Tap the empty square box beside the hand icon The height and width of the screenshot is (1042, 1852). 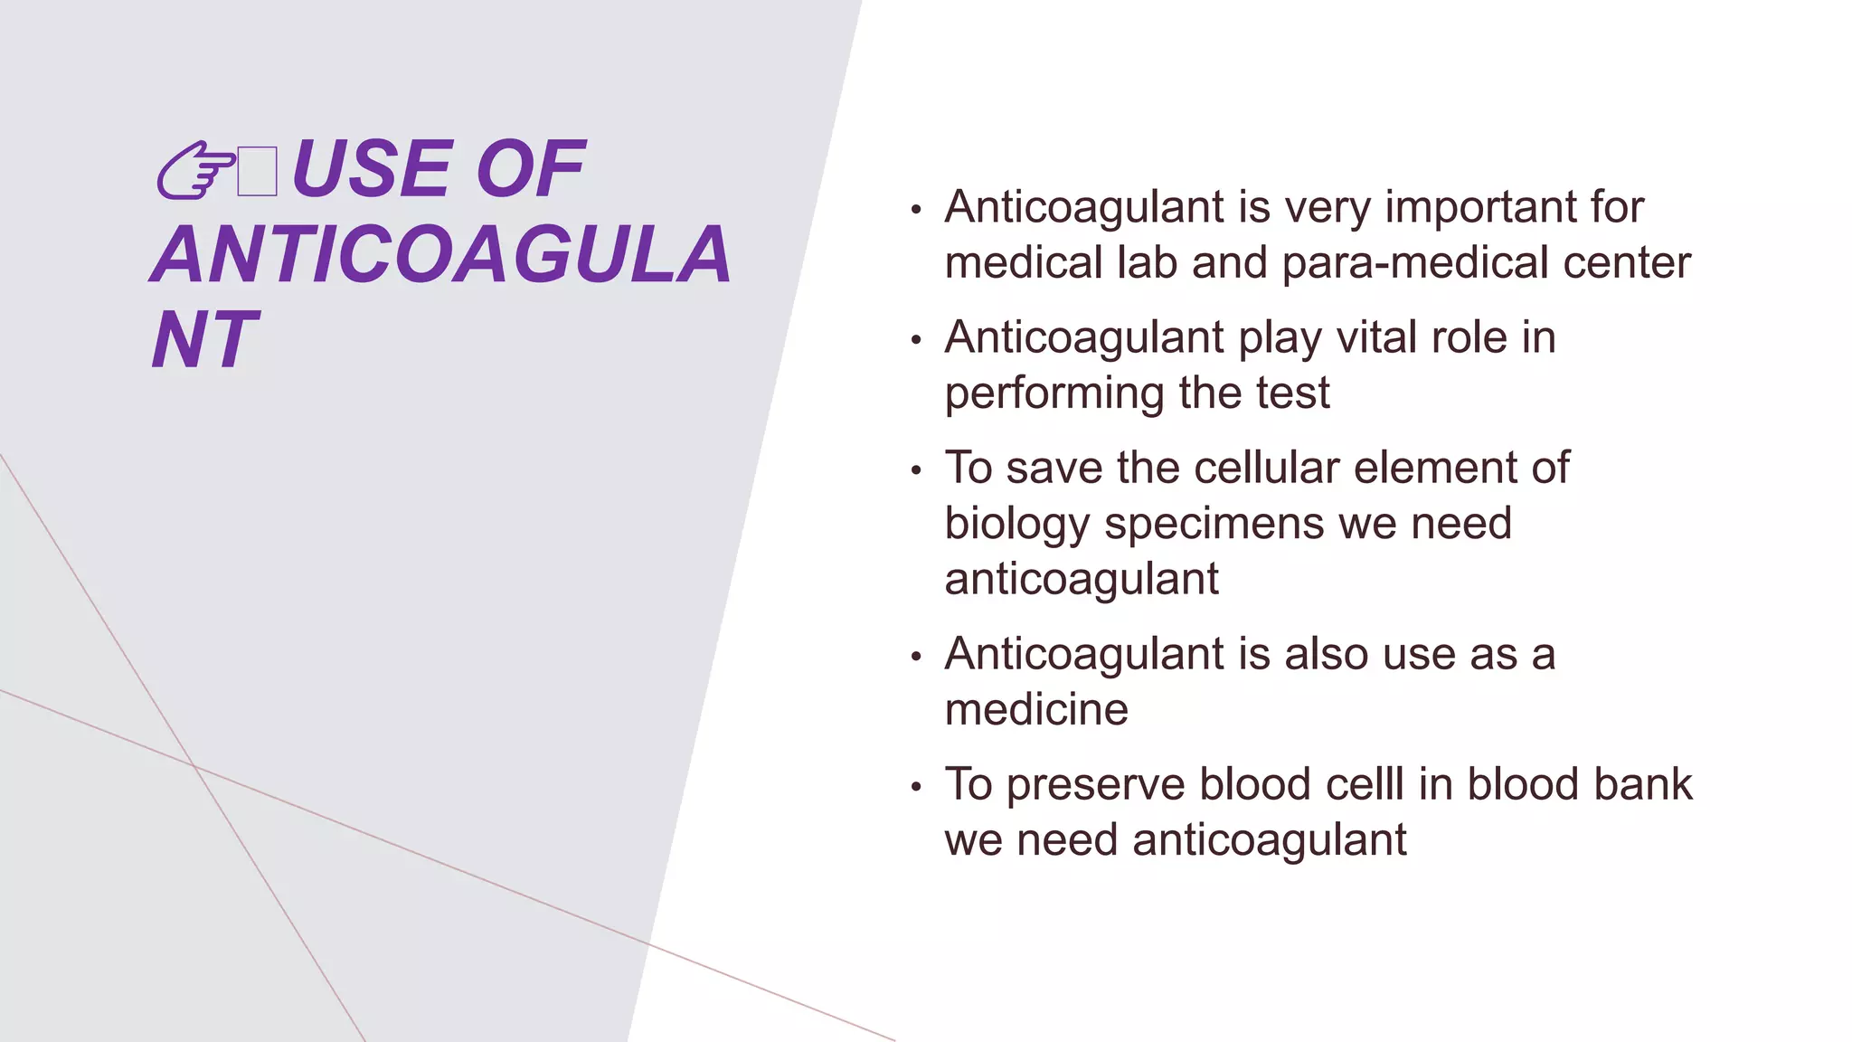pos(257,172)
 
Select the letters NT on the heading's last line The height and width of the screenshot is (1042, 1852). pos(205,341)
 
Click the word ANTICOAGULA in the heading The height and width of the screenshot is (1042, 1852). pos(440,255)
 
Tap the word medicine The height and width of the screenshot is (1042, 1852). pos(1036,710)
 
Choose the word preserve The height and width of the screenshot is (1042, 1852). pos(1095,784)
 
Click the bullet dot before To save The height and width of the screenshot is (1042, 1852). pos(916,471)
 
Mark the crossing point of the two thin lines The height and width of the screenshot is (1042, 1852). pos(194,767)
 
